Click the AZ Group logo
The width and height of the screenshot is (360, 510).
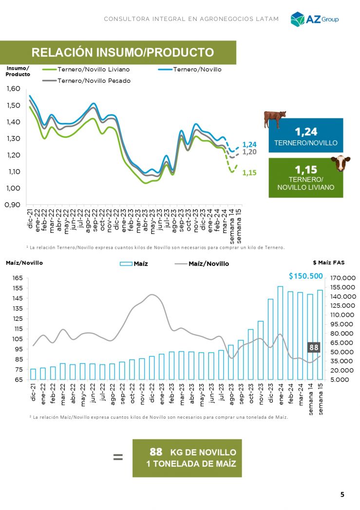pyautogui.click(x=314, y=19)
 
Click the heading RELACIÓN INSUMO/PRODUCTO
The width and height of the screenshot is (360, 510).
pyautogui.click(x=122, y=53)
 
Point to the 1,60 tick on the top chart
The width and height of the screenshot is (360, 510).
pyautogui.click(x=13, y=89)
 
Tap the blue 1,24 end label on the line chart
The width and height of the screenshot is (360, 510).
pyautogui.click(x=249, y=144)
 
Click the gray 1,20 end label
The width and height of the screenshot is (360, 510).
pyautogui.click(x=249, y=152)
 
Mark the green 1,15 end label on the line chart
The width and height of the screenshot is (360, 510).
pyautogui.click(x=249, y=173)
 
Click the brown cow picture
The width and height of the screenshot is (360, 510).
pyautogui.click(x=275, y=119)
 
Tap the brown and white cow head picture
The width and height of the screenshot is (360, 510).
pyautogui.click(x=341, y=164)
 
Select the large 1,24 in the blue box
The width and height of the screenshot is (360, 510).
pyautogui.click(x=306, y=132)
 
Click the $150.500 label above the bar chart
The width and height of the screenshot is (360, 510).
pyautogui.click(x=305, y=276)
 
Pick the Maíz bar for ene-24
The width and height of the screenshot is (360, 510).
pyautogui.click(x=280, y=333)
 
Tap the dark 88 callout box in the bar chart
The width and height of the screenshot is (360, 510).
pyautogui.click(x=314, y=348)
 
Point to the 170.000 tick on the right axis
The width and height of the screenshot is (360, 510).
pyautogui.click(x=343, y=278)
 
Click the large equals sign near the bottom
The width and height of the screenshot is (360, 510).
pyautogui.click(x=118, y=457)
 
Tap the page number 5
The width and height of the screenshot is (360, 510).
pyautogui.click(x=342, y=495)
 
